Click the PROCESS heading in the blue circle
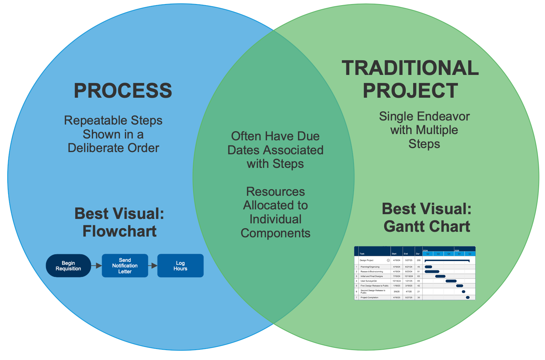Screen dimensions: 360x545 123,91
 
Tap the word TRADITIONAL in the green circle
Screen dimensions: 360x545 410,68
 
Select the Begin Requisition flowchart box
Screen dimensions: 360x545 68,266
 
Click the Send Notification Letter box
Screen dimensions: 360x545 125,266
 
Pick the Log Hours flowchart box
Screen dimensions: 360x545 180,266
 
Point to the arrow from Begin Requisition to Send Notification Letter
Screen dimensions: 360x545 97,266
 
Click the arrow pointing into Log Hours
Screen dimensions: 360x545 153,266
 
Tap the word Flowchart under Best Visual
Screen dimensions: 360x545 119,231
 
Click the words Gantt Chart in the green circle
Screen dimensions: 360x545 427,227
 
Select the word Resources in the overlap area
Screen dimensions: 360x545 275,192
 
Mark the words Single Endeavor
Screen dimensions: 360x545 424,116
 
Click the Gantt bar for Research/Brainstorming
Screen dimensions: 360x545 432,271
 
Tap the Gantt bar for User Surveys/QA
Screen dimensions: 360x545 451,281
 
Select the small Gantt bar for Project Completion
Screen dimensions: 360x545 468,298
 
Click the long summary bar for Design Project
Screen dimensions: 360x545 447,260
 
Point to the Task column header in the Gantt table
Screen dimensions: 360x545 362,253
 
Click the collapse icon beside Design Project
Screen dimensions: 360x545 388,260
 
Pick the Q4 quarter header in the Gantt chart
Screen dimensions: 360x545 449,254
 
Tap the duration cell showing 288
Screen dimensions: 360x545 418,260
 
